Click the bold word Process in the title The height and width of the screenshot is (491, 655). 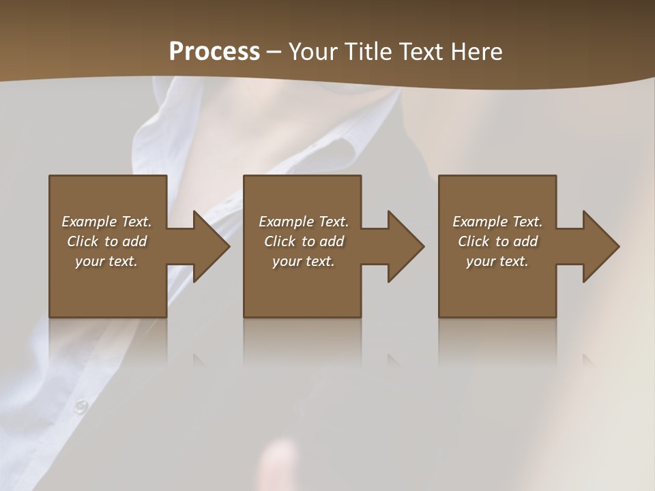(x=214, y=52)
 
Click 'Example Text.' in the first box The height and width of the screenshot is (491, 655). (x=106, y=222)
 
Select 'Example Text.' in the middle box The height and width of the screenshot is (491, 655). (x=304, y=222)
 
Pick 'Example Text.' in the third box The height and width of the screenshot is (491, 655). (x=497, y=222)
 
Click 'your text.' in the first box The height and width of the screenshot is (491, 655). (x=106, y=261)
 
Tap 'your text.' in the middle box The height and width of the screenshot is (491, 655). (x=304, y=261)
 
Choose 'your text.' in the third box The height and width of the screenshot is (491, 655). (x=497, y=261)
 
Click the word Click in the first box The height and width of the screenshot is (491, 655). (x=83, y=241)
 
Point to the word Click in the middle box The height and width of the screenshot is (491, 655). (x=280, y=241)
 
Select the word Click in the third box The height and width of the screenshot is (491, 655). (x=474, y=241)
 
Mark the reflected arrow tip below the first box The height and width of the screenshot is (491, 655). (x=200, y=360)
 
